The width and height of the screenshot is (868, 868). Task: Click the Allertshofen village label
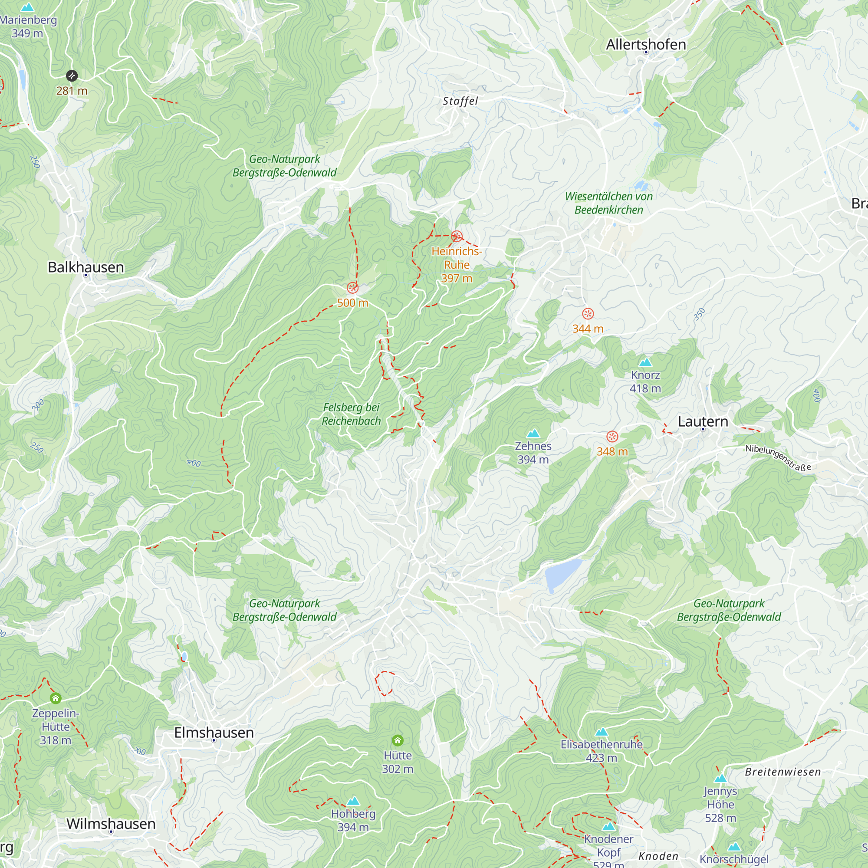coord(646,44)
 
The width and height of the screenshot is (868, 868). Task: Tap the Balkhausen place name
coord(86,267)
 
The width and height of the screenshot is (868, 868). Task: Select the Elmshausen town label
coord(214,732)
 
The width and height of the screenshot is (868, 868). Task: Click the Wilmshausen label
coord(111,824)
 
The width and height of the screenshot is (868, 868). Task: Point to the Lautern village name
coord(703,421)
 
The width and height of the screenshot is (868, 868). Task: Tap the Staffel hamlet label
coord(460,101)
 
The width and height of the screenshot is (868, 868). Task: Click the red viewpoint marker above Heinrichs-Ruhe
coord(457,237)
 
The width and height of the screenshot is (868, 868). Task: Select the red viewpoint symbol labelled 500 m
coord(353,288)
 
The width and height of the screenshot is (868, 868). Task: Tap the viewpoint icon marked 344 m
coord(588,314)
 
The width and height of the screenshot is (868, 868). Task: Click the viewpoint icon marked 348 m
coord(612,436)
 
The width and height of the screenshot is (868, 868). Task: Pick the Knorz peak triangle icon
coord(645,362)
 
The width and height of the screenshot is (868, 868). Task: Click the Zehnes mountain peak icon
coord(533,433)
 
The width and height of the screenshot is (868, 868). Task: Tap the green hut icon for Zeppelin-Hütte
coord(55,698)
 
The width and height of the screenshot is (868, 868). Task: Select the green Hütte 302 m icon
coord(397,740)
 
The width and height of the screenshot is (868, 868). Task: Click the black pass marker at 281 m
coord(72,76)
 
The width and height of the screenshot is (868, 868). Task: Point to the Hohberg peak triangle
coord(353,801)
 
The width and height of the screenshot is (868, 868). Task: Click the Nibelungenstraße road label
coord(778,457)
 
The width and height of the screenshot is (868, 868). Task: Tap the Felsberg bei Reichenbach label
coord(352,414)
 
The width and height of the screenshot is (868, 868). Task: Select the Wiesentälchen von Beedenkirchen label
coord(609,203)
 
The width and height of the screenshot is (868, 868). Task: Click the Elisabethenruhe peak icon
coord(601,732)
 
